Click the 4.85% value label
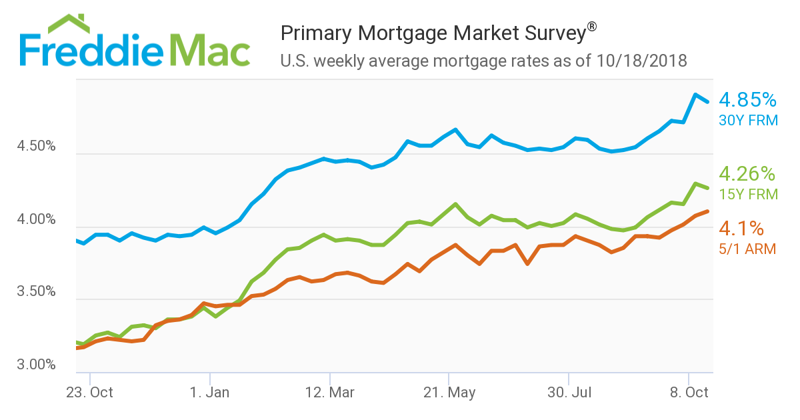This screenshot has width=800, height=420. [x=747, y=100]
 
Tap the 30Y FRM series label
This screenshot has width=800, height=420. [x=748, y=121]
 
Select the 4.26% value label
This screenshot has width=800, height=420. [x=747, y=174]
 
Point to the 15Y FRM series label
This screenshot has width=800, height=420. [x=748, y=195]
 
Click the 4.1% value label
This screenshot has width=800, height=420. [x=741, y=229]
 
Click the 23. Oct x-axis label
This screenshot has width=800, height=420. [x=90, y=393]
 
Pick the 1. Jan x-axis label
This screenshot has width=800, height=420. [x=210, y=393]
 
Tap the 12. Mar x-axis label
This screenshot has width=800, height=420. [x=329, y=393]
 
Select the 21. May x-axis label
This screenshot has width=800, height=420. [x=449, y=393]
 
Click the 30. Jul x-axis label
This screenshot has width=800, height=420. [x=568, y=393]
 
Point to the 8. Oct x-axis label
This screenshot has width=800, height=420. [x=688, y=393]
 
